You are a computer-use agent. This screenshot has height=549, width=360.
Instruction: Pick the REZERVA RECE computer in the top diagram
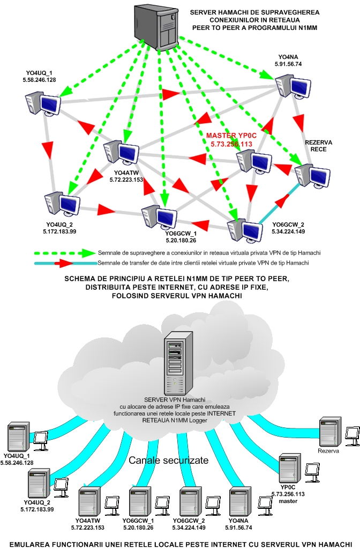click(x=312, y=175)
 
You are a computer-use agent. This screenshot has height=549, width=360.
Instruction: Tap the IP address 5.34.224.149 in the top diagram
click(x=288, y=231)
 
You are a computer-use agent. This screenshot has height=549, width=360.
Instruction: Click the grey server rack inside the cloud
click(x=177, y=364)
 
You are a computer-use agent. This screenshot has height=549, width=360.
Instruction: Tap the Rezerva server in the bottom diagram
click(x=328, y=432)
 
